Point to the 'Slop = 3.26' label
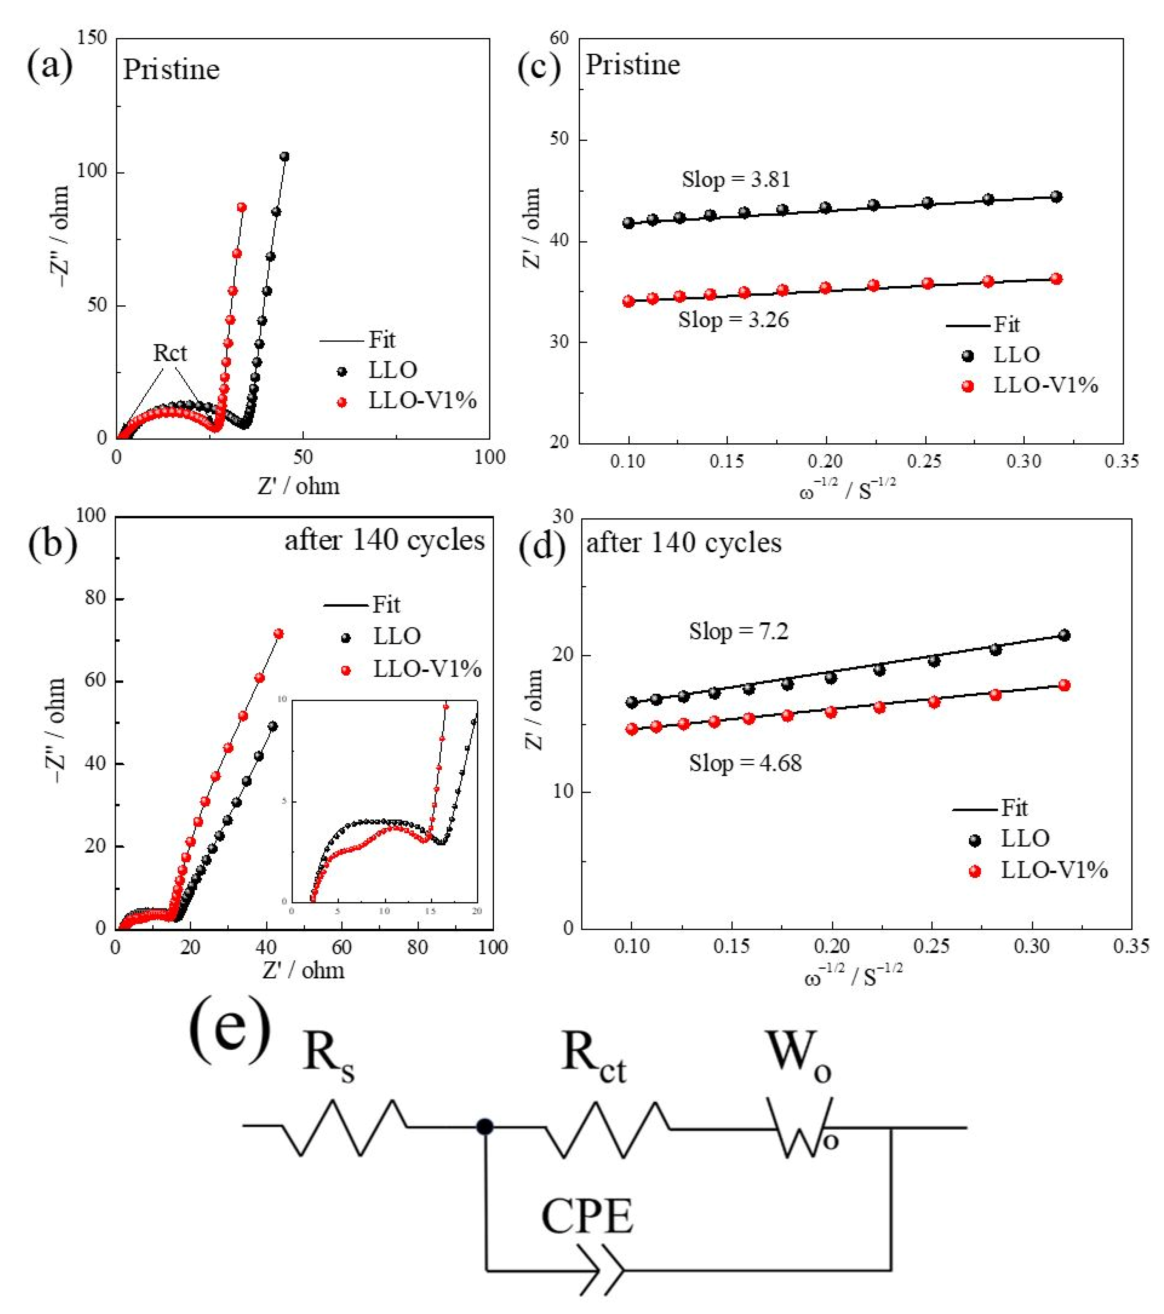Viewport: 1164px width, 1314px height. click(x=733, y=320)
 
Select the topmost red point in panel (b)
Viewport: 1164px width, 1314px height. click(x=279, y=634)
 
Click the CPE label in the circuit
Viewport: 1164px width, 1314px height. click(x=587, y=1216)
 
